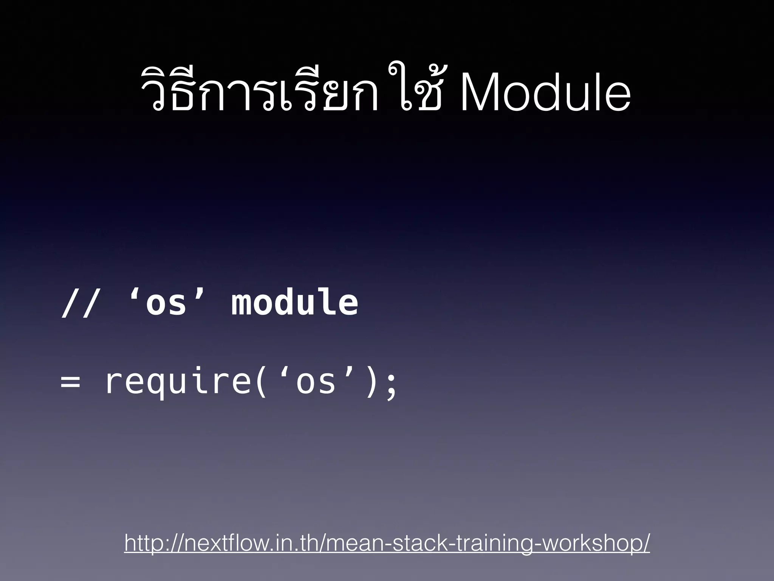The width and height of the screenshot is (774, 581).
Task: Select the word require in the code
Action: pyautogui.click(x=178, y=382)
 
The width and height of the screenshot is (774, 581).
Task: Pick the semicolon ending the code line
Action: pyautogui.click(x=392, y=384)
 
